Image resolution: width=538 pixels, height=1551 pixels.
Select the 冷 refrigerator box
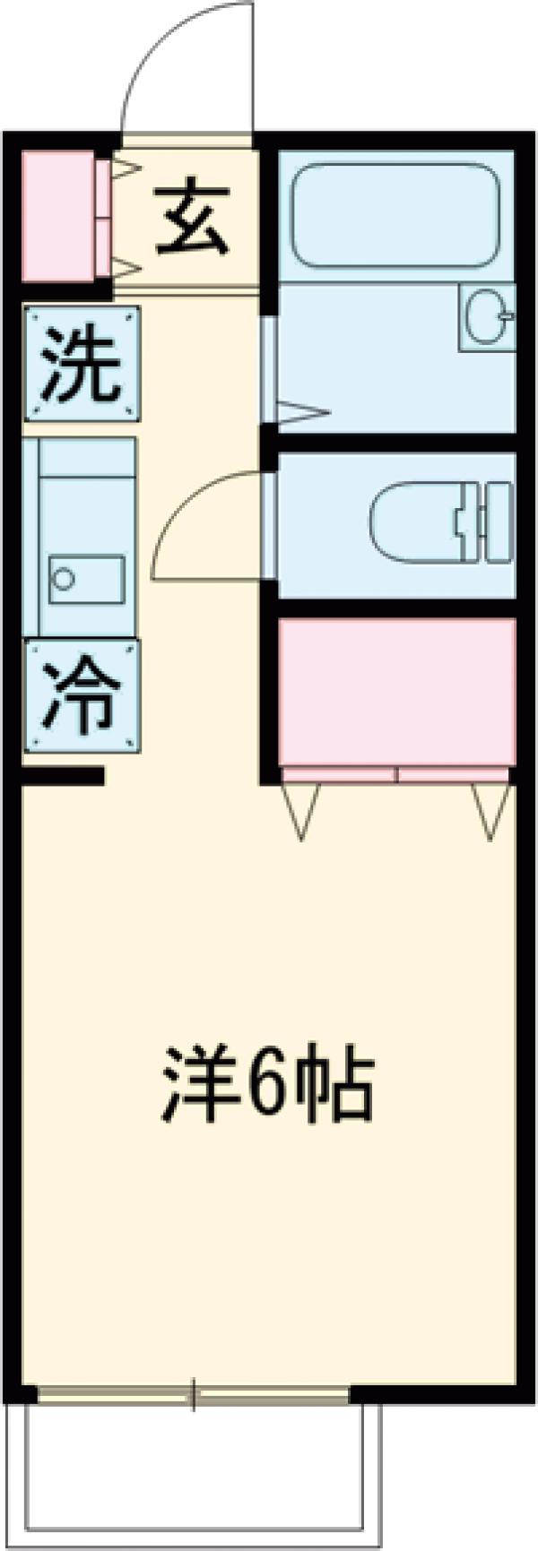coord(82,696)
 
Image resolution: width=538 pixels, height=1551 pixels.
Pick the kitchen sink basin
coord(86,579)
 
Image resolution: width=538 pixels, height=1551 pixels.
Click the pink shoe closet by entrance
coord(58,215)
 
